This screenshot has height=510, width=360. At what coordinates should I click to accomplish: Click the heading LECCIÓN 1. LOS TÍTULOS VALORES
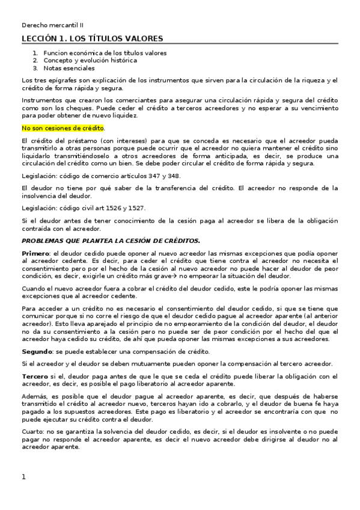pos(92,39)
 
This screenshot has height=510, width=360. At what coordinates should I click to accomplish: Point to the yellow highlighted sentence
pos(63,127)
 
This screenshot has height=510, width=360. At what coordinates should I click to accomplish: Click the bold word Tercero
pos(35,376)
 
